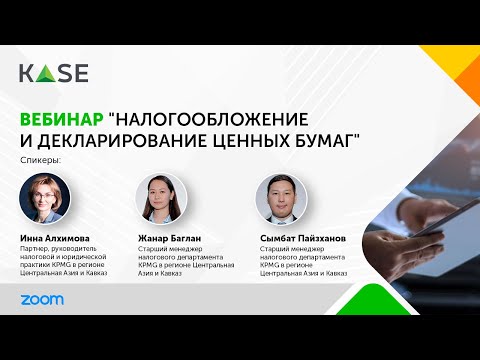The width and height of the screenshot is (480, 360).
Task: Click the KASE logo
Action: pyautogui.click(x=53, y=73)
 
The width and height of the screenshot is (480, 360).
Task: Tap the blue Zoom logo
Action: pyautogui.click(x=41, y=299)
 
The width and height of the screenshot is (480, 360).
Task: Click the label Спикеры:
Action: pyautogui.click(x=40, y=160)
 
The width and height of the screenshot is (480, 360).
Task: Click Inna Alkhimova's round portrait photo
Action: pyautogui.click(x=44, y=197)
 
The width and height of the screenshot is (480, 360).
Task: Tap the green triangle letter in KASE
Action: pyautogui.click(x=43, y=73)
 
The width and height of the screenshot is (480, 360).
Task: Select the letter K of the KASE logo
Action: pyautogui.click(x=26, y=73)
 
